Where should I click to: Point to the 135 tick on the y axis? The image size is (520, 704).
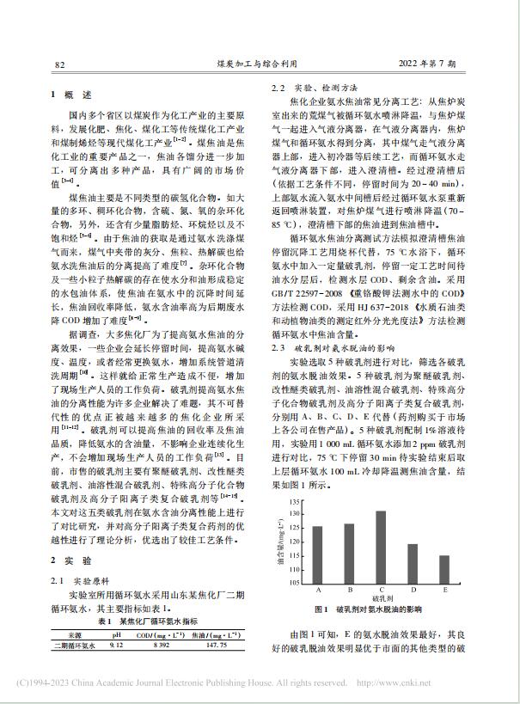pyautogui.click(x=297, y=501)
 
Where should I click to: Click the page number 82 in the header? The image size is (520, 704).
pyautogui.click(x=60, y=64)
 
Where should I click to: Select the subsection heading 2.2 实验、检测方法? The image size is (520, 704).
pyautogui.click(x=318, y=89)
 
